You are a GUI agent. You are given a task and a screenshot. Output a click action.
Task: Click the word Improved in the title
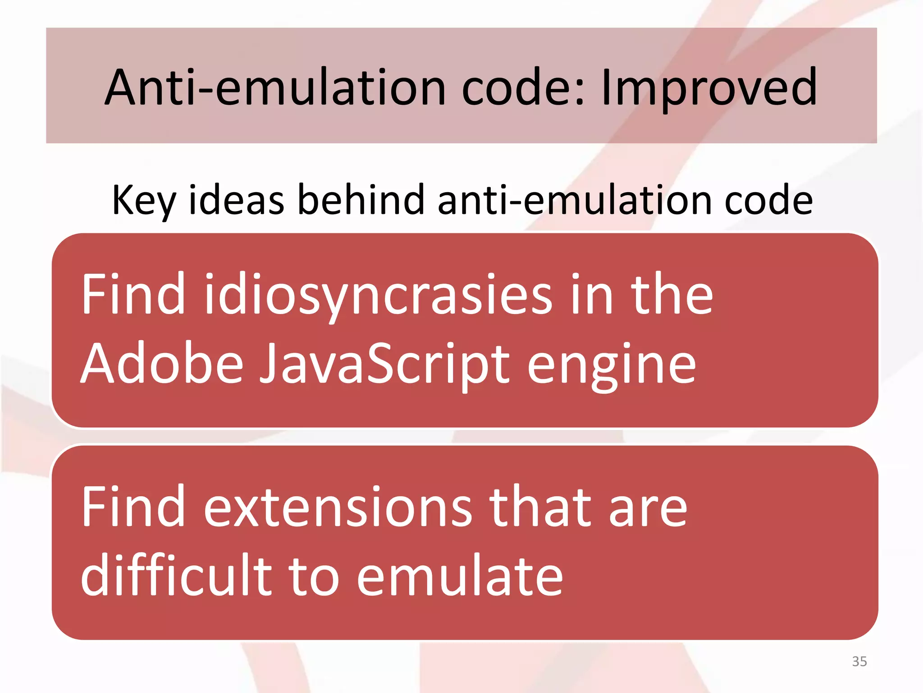[x=708, y=88]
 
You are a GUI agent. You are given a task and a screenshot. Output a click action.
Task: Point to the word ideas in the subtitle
[x=236, y=200]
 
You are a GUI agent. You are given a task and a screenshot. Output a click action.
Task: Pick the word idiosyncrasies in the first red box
[x=378, y=296]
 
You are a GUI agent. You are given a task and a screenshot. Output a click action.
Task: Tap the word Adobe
[x=162, y=363]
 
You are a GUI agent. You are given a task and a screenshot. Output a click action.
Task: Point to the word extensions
[x=338, y=507]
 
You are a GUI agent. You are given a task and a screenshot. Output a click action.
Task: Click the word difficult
[x=176, y=575]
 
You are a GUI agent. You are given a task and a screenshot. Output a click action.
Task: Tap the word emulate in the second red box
[x=460, y=576]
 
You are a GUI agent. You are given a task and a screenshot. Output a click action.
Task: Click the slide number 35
[x=859, y=661]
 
